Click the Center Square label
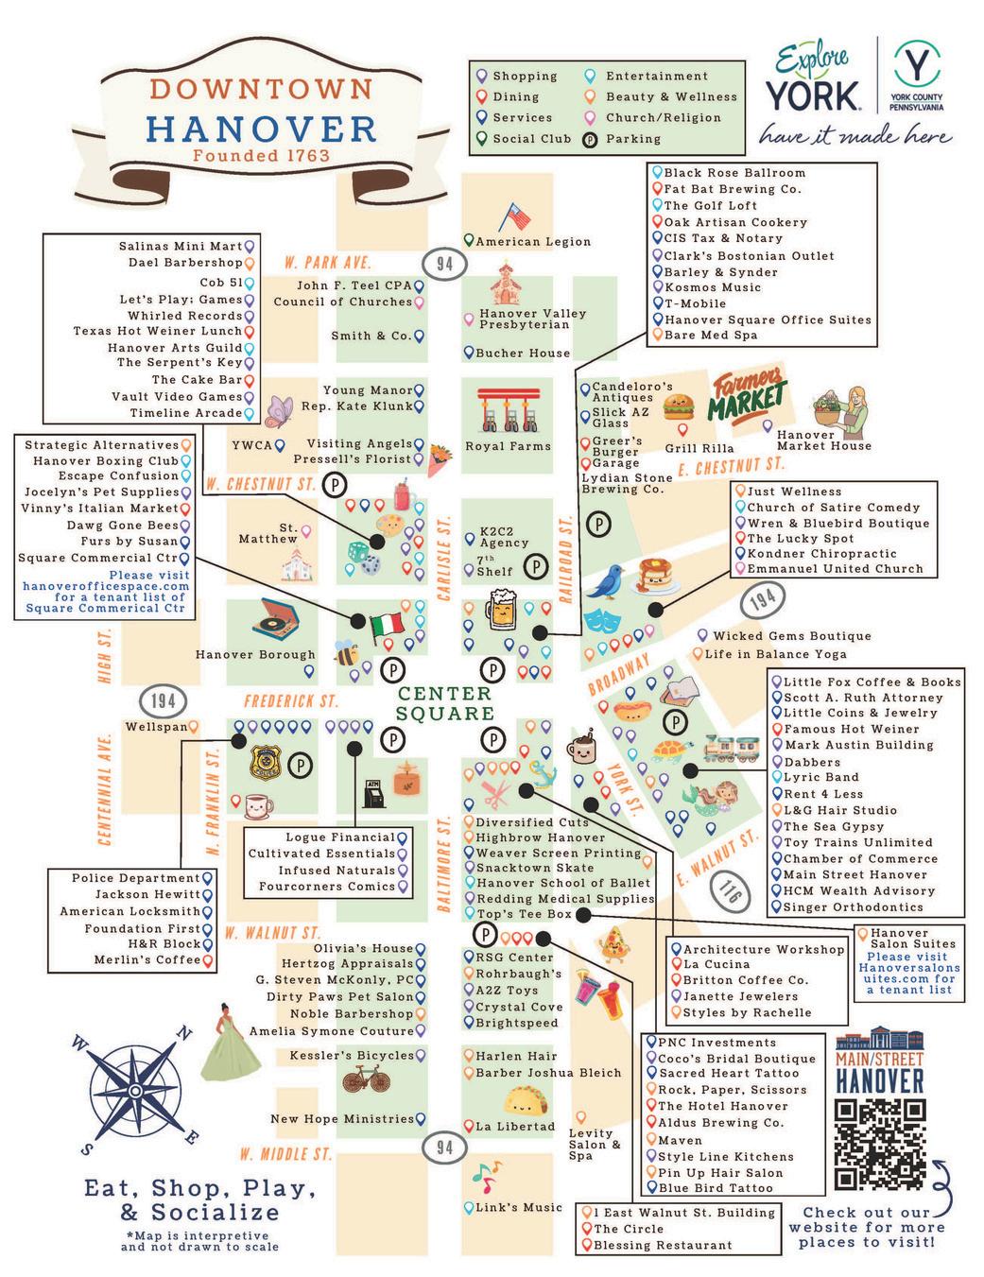pyautogui.click(x=444, y=704)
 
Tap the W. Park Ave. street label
pyautogui.click(x=329, y=263)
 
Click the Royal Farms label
pyautogui.click(x=509, y=446)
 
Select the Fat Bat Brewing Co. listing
pyautogui.click(x=732, y=189)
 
